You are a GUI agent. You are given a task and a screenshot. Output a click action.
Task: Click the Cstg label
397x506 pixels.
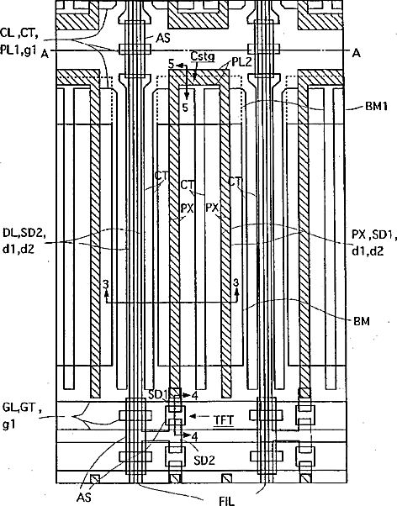(x=203, y=55)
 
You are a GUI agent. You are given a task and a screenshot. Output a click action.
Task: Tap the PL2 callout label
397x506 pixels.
(x=241, y=62)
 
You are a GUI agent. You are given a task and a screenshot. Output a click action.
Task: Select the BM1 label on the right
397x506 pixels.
(x=376, y=106)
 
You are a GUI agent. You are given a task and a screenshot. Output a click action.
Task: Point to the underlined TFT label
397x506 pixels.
(x=224, y=419)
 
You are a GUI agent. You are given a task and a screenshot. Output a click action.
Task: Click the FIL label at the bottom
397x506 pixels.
(x=227, y=500)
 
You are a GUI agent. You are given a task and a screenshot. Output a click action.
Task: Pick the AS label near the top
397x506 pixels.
(x=163, y=38)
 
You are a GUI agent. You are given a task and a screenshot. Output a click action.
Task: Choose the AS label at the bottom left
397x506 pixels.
(x=83, y=497)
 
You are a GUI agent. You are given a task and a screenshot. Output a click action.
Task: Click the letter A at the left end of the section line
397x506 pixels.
(x=45, y=54)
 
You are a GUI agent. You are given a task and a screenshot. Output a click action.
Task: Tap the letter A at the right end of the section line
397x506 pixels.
(x=356, y=53)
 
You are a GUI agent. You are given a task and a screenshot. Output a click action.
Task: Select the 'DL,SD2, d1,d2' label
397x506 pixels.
(x=24, y=240)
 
